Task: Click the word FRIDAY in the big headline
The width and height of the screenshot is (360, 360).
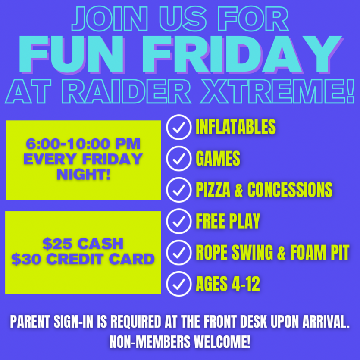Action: click(242, 54)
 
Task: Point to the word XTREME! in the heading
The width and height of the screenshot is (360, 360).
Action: click(277, 91)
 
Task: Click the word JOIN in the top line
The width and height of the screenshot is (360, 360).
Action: click(110, 19)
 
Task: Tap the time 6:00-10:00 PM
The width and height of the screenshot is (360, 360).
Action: click(83, 144)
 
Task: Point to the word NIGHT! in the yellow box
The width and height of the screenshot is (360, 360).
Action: click(83, 175)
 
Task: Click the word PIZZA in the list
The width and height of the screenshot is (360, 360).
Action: click(213, 190)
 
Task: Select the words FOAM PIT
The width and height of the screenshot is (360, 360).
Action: click(319, 252)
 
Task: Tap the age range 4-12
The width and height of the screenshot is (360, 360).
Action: click(246, 284)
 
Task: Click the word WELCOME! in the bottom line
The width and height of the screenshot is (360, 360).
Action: click(222, 341)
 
